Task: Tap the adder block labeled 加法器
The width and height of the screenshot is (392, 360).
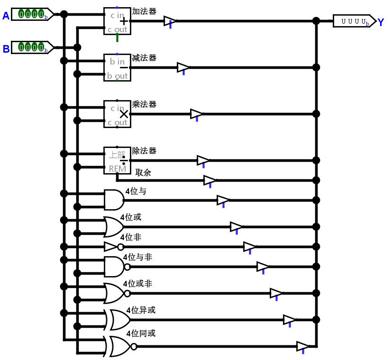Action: pyautogui.click(x=117, y=21)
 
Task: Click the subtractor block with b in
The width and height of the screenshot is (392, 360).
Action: pyautogui.click(x=117, y=67)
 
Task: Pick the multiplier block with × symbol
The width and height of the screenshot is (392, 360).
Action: pyautogui.click(x=117, y=114)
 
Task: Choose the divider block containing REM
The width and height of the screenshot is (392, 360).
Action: pyautogui.click(x=117, y=160)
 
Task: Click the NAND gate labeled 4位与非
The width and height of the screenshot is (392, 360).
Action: pyautogui.click(x=115, y=267)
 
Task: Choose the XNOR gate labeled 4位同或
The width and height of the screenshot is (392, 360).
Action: pyautogui.click(x=119, y=346)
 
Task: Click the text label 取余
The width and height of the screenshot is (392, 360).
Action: pyautogui.click(x=143, y=173)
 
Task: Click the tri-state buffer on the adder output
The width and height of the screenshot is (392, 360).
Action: pyautogui.click(x=170, y=21)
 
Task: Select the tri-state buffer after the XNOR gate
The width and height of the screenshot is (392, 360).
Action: pyautogui.click(x=302, y=346)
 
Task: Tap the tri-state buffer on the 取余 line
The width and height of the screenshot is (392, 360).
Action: pyautogui.click(x=210, y=180)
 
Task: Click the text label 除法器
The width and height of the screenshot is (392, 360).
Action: pyautogui.click(x=144, y=151)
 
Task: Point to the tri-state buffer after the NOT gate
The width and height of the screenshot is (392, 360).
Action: pyautogui.click(x=249, y=247)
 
